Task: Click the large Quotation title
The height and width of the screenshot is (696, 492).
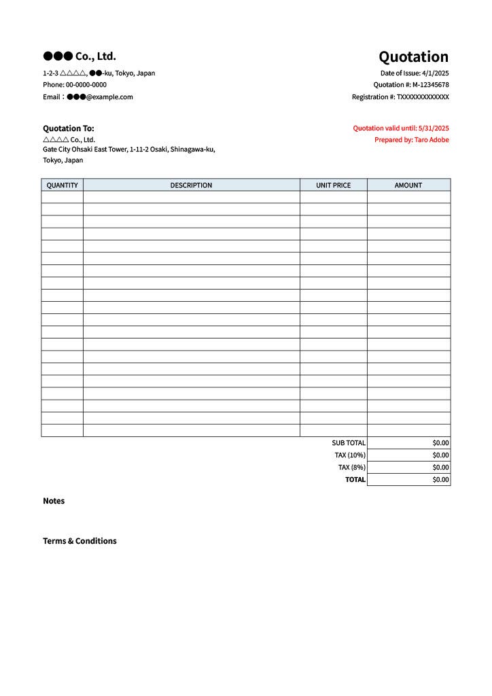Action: tap(413, 56)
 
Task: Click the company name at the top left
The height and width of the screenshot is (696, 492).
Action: tap(80, 56)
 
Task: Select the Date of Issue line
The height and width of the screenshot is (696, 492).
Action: tap(415, 73)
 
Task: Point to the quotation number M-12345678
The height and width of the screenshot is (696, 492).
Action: tap(430, 85)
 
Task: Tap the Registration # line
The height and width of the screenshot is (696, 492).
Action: tap(400, 97)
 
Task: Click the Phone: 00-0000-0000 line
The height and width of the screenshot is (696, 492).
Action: tap(75, 85)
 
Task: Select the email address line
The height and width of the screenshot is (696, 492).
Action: tap(88, 97)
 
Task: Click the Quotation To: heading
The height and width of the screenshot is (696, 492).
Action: tap(69, 128)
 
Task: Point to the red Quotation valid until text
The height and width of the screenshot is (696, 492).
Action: tap(401, 128)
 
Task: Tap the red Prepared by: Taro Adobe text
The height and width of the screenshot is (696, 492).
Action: tap(411, 140)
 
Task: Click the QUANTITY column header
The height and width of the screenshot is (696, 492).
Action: tap(62, 185)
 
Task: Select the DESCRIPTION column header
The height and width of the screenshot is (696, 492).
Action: tap(191, 185)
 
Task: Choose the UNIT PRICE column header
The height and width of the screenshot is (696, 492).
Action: tap(333, 185)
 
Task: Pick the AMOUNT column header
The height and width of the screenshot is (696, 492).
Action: tap(408, 185)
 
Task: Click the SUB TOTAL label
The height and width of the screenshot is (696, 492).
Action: tap(349, 443)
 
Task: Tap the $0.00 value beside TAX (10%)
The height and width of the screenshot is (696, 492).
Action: tap(440, 455)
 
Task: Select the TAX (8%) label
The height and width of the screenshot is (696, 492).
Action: tap(352, 468)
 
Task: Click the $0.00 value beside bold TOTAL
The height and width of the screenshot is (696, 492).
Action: tap(440, 480)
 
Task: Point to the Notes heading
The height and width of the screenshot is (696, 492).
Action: tap(54, 501)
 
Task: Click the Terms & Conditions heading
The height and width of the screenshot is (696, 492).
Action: tap(80, 541)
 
